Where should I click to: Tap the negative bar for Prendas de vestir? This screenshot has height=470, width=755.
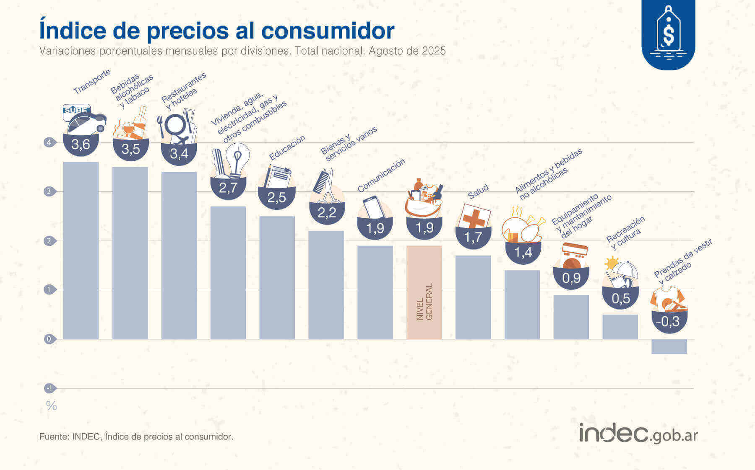pos(669,346)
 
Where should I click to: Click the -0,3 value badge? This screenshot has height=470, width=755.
pos(669,322)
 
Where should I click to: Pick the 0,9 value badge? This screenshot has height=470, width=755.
pos(571,278)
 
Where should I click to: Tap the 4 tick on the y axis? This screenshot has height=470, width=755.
pos(49,142)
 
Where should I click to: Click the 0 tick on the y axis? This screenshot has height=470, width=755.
pos(49,339)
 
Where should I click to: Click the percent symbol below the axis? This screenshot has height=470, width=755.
pos(51,405)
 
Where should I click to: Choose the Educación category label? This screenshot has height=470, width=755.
pos(287,148)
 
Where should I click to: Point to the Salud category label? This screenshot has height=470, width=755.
pos(478,191)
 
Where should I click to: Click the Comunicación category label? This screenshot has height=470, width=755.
pos(381,175)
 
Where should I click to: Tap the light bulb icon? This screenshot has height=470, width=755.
pos(237,159)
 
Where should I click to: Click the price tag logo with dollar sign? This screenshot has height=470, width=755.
pos(668,34)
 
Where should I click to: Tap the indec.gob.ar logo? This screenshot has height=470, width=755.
pos(638,434)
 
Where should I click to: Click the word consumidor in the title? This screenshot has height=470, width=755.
pos(328,30)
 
